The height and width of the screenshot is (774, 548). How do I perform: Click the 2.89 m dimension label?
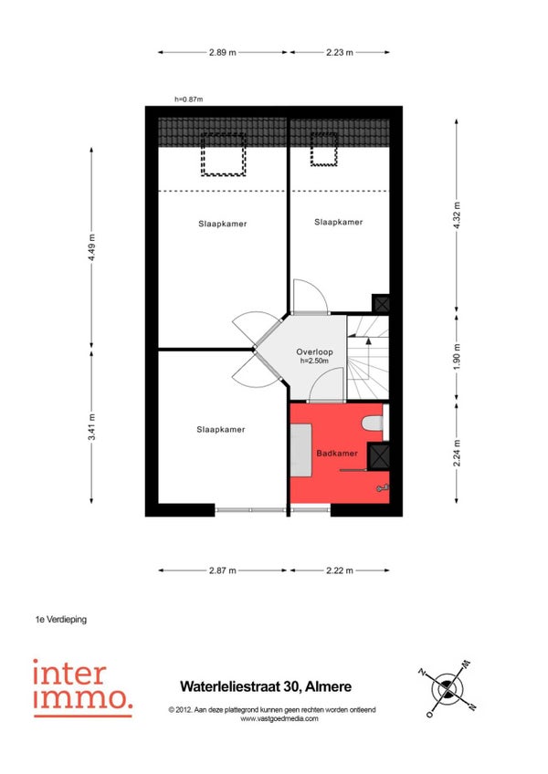pos(222,52)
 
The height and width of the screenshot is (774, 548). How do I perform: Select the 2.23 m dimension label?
pos(340,52)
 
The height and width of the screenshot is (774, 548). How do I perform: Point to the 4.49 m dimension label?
pos(91,249)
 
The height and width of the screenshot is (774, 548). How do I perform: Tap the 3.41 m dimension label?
pos(91,427)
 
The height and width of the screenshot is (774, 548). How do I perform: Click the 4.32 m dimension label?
pos(457,215)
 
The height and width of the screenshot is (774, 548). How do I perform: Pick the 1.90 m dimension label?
pos(457,357)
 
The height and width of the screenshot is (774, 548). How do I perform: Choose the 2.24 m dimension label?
pos(457,453)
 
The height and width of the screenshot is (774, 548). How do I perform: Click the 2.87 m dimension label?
pos(222,570)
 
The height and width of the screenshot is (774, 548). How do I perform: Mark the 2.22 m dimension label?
pos(340,570)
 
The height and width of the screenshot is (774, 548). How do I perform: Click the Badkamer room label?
pos(337,453)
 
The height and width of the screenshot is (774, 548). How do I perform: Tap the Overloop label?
pos(314,352)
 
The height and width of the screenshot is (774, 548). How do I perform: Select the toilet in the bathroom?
pos(373,423)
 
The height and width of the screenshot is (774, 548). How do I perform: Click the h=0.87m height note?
pos(189,99)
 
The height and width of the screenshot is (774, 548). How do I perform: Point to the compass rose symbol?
pos(448,688)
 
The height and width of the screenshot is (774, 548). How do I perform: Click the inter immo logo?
pos(82,688)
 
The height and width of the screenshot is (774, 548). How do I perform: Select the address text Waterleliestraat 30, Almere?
pos(266,686)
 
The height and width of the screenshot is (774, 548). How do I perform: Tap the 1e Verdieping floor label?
pos(61,619)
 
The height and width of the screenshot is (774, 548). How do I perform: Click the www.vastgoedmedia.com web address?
pos(279,718)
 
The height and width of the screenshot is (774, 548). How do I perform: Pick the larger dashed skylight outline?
pos(224,154)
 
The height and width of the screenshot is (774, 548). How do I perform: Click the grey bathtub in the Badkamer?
pos(300,450)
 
